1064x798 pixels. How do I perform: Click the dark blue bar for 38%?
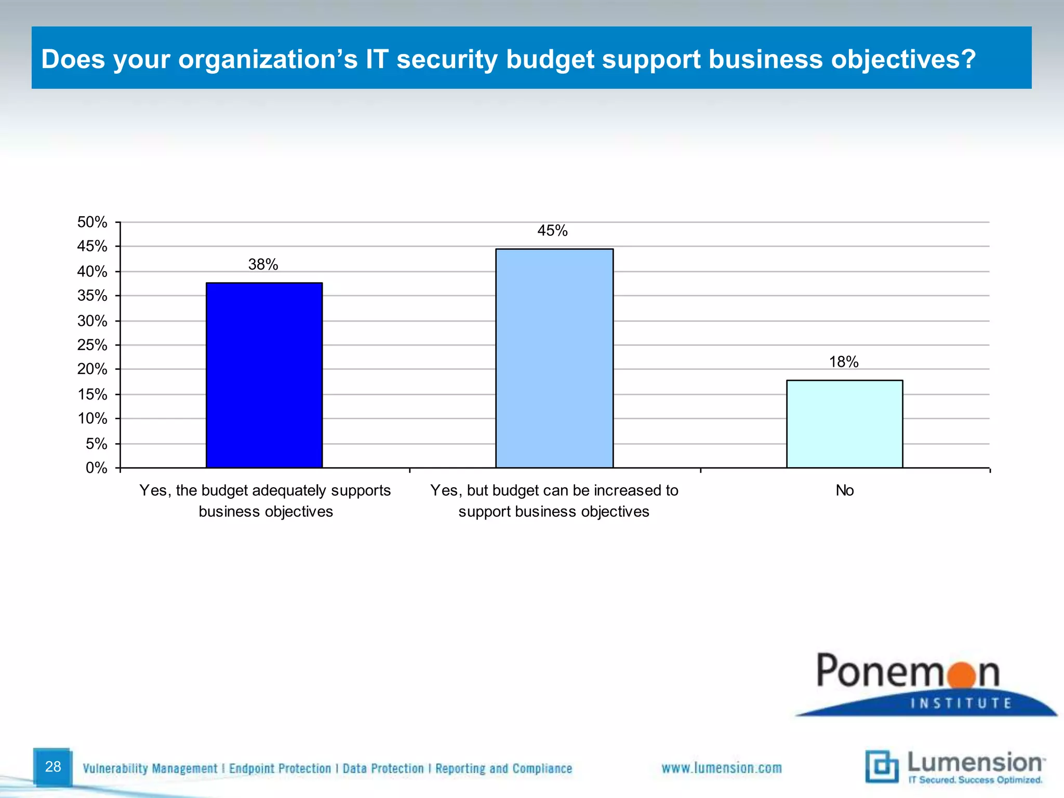[264, 375]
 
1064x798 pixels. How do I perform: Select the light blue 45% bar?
[554, 358]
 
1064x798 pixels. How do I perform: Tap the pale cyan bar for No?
[844, 424]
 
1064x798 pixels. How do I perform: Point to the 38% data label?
[263, 264]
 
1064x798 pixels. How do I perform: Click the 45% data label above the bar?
[552, 231]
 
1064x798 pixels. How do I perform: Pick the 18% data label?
[844, 362]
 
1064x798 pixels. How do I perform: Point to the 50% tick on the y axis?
[92, 222]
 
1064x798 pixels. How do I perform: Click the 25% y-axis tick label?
[92, 345]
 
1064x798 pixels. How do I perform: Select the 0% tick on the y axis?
[96, 468]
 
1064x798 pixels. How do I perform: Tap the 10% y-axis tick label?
[92, 419]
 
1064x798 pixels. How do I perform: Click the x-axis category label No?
[844, 490]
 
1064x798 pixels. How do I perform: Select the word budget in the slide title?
[551, 59]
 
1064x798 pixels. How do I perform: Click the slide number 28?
[53, 766]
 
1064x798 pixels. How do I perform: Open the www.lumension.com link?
[721, 768]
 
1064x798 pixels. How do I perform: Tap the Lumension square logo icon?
[882, 766]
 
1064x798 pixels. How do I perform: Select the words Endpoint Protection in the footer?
[280, 768]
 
